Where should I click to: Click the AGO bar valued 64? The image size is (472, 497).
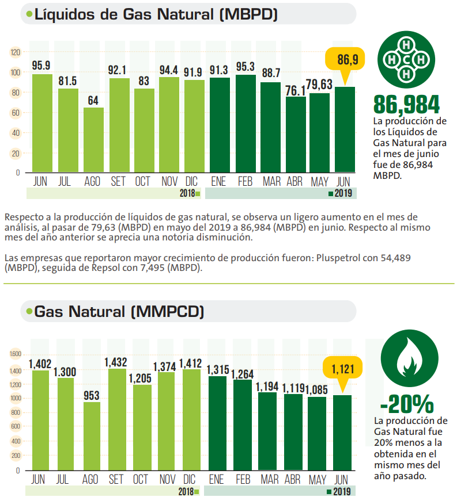tap(93, 140)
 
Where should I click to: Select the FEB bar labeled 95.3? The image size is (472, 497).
tap(246, 123)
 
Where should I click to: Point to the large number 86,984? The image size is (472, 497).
tap(406, 104)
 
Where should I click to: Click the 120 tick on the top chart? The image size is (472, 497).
tap(15, 52)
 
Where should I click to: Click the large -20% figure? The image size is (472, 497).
tap(406, 404)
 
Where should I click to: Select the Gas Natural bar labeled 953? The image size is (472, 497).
tap(91, 435)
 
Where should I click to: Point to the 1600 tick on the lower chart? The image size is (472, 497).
tap(15, 354)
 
